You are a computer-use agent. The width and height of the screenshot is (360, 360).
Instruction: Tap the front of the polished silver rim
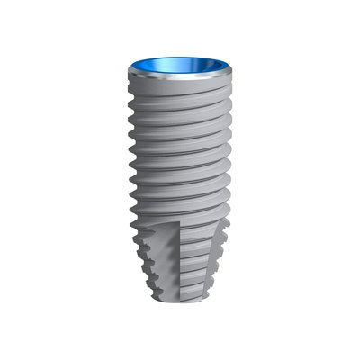pyautogui.click(x=180, y=81)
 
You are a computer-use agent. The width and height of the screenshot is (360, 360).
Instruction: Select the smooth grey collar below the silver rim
pyautogui.click(x=180, y=91)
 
